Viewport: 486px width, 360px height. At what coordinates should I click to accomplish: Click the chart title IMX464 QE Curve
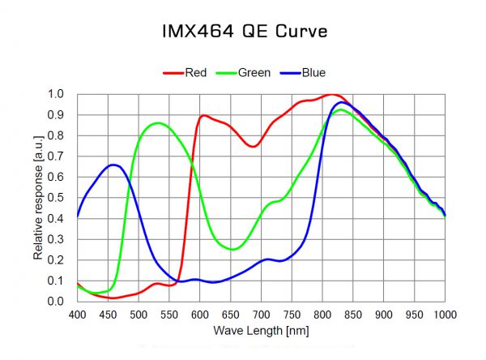pyautogui.click(x=243, y=32)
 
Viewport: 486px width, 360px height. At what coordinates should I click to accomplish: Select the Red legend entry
pyautogui.click(x=195, y=73)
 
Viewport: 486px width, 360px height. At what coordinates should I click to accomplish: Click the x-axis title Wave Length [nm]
pyautogui.click(x=261, y=331)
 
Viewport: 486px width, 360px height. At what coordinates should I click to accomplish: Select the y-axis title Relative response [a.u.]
pyautogui.click(x=38, y=198)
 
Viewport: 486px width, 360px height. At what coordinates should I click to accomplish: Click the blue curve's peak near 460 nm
pyautogui.click(x=114, y=165)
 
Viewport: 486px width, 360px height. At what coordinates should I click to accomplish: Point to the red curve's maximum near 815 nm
pyautogui.click(x=332, y=95)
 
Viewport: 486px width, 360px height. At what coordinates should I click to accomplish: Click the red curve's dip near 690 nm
pyautogui.click(x=254, y=146)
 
